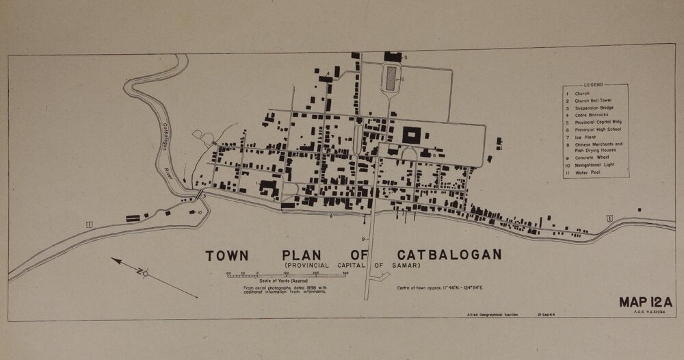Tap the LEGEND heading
click(594, 86)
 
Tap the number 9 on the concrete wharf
click(365, 238)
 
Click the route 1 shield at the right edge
click(608, 218)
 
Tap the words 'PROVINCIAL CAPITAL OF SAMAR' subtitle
click(352, 266)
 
